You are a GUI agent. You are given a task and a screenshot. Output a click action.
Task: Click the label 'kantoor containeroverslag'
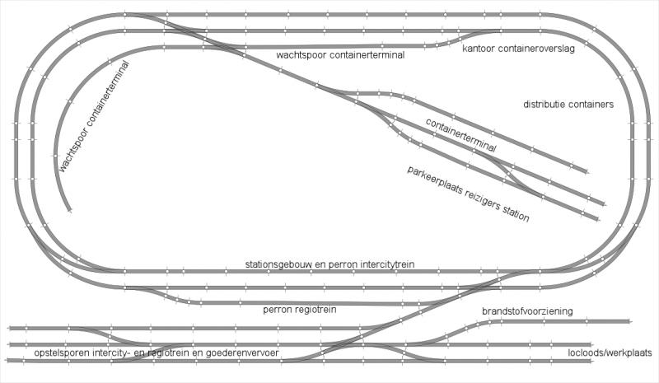[518, 49]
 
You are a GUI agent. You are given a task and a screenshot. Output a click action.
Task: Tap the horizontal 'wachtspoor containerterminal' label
[340, 55]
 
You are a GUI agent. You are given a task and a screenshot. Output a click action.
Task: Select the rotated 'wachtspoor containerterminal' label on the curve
[93, 116]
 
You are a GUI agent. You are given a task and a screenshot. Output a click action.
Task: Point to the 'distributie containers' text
[568, 104]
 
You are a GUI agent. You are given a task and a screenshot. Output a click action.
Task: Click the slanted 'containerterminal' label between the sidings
[461, 135]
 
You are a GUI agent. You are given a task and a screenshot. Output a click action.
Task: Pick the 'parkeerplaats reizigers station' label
[468, 194]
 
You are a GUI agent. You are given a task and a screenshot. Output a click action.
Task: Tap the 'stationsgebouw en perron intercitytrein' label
[330, 264]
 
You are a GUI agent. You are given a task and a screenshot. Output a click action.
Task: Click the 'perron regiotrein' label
[300, 310]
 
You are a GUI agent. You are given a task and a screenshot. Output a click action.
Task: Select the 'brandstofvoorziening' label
[527, 311]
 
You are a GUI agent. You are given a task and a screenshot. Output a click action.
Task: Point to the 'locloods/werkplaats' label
[610, 353]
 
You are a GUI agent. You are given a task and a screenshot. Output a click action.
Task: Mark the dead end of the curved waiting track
[69, 210]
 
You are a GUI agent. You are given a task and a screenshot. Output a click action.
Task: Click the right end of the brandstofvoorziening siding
[629, 321]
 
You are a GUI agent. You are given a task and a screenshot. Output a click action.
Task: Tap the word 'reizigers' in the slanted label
[482, 199]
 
